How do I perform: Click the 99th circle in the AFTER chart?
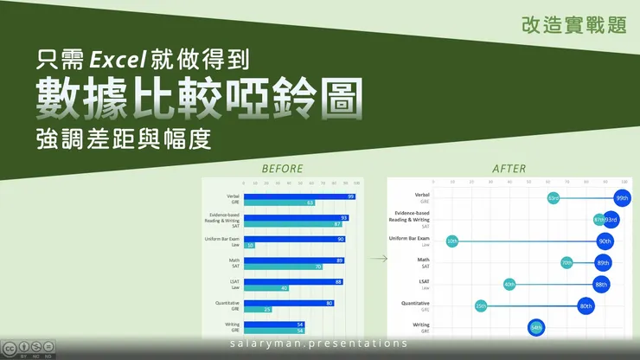tap(622, 198)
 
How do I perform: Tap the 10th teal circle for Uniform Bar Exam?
tap(451, 241)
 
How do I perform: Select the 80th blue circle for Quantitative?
tap(586, 305)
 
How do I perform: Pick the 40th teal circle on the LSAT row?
tap(509, 284)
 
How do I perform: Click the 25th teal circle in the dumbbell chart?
tap(480, 305)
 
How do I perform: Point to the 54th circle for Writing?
tap(536, 327)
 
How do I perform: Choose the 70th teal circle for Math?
tap(566, 262)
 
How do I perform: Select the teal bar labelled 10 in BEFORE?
tap(249, 245)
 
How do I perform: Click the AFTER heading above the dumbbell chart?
tap(508, 168)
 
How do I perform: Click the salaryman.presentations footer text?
tap(320, 344)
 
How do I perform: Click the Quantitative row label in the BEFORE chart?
tap(223, 303)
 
